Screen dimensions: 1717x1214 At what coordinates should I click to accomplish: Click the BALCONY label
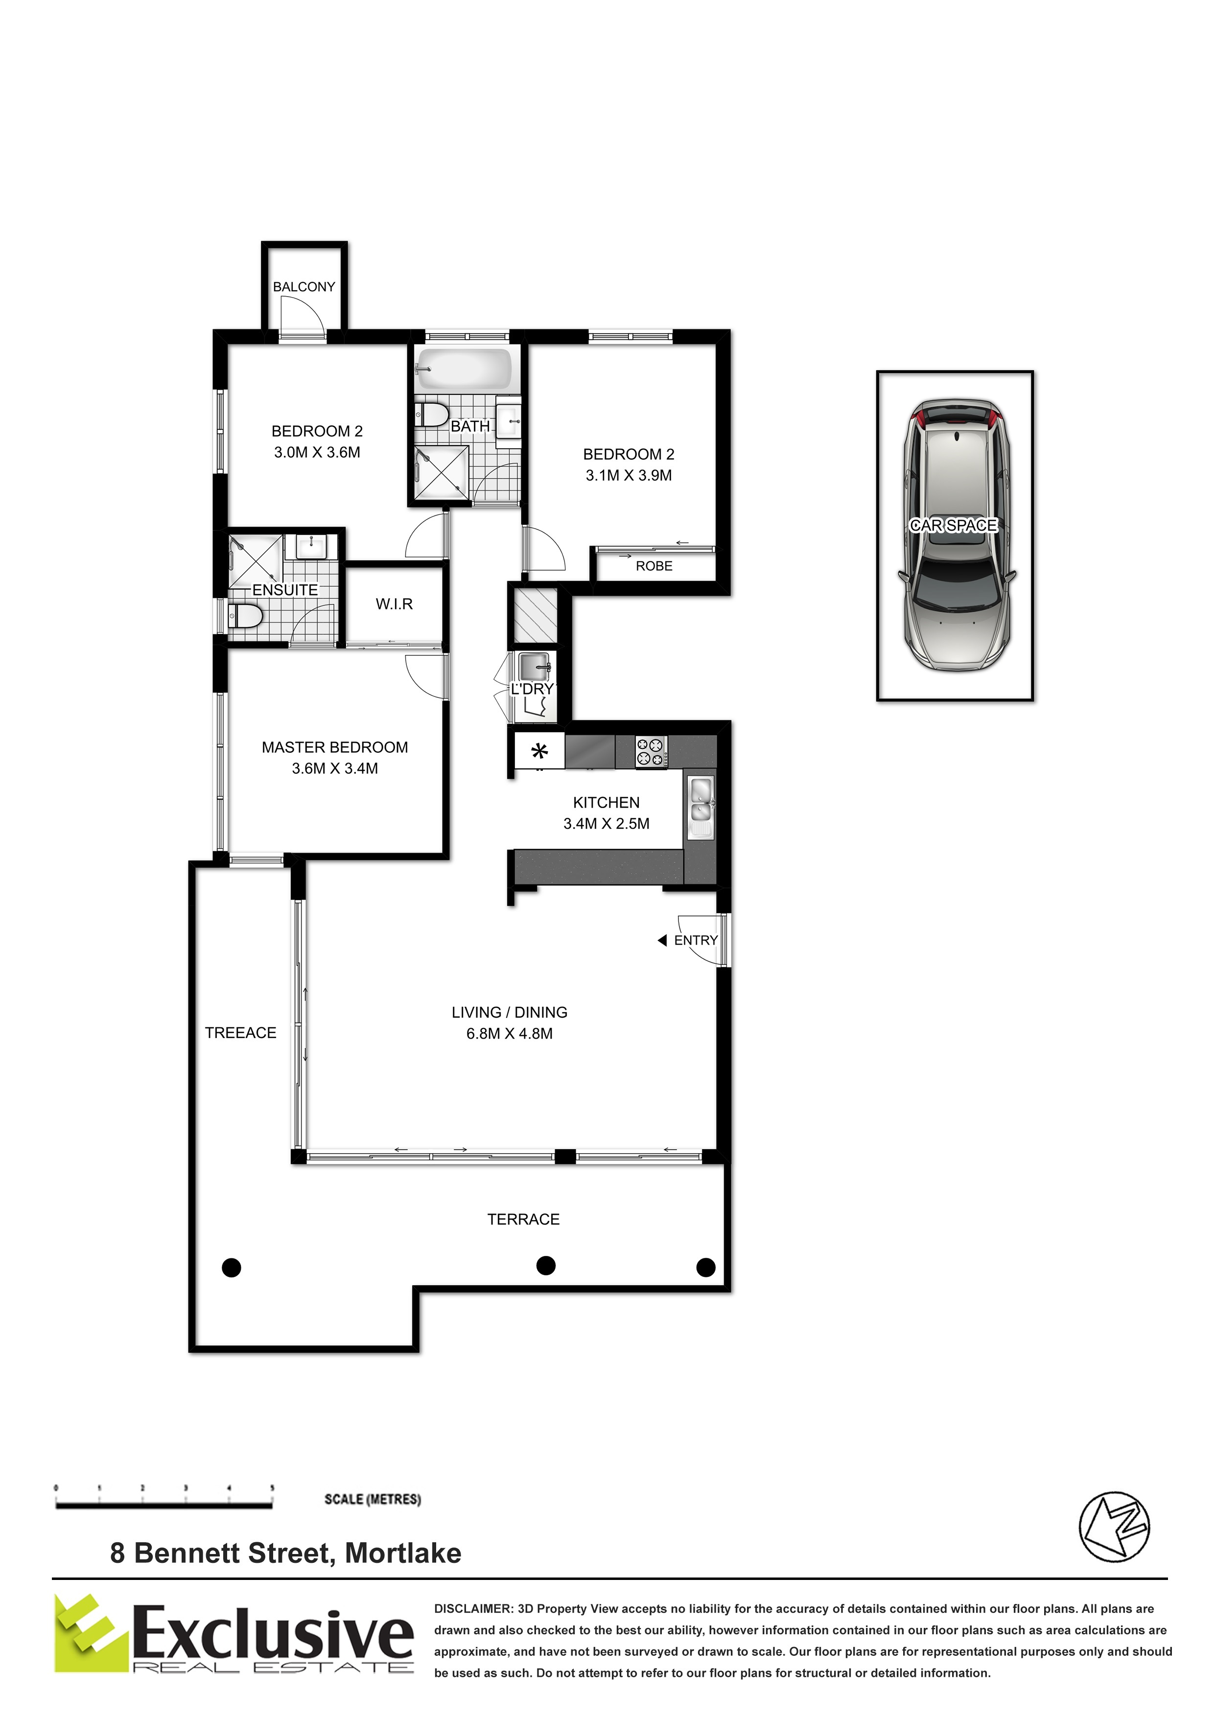tap(303, 286)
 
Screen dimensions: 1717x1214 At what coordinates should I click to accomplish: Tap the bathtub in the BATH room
tap(464, 369)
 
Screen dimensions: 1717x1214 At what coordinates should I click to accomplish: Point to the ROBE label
tap(654, 566)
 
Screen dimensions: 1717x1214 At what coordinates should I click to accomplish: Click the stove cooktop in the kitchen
tap(651, 752)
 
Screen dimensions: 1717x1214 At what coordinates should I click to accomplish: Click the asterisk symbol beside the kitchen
tap(539, 750)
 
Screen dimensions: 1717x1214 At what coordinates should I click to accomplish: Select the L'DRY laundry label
tap(532, 689)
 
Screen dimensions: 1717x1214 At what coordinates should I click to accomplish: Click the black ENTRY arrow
tap(662, 941)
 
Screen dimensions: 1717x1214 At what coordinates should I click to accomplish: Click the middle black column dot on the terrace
tap(546, 1265)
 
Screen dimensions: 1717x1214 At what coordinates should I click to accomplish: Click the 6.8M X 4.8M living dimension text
tap(510, 1034)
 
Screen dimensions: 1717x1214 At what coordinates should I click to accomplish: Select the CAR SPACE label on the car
tap(954, 525)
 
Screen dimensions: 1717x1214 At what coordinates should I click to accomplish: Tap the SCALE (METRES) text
tap(373, 1499)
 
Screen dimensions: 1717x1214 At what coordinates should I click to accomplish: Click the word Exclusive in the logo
tap(273, 1633)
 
